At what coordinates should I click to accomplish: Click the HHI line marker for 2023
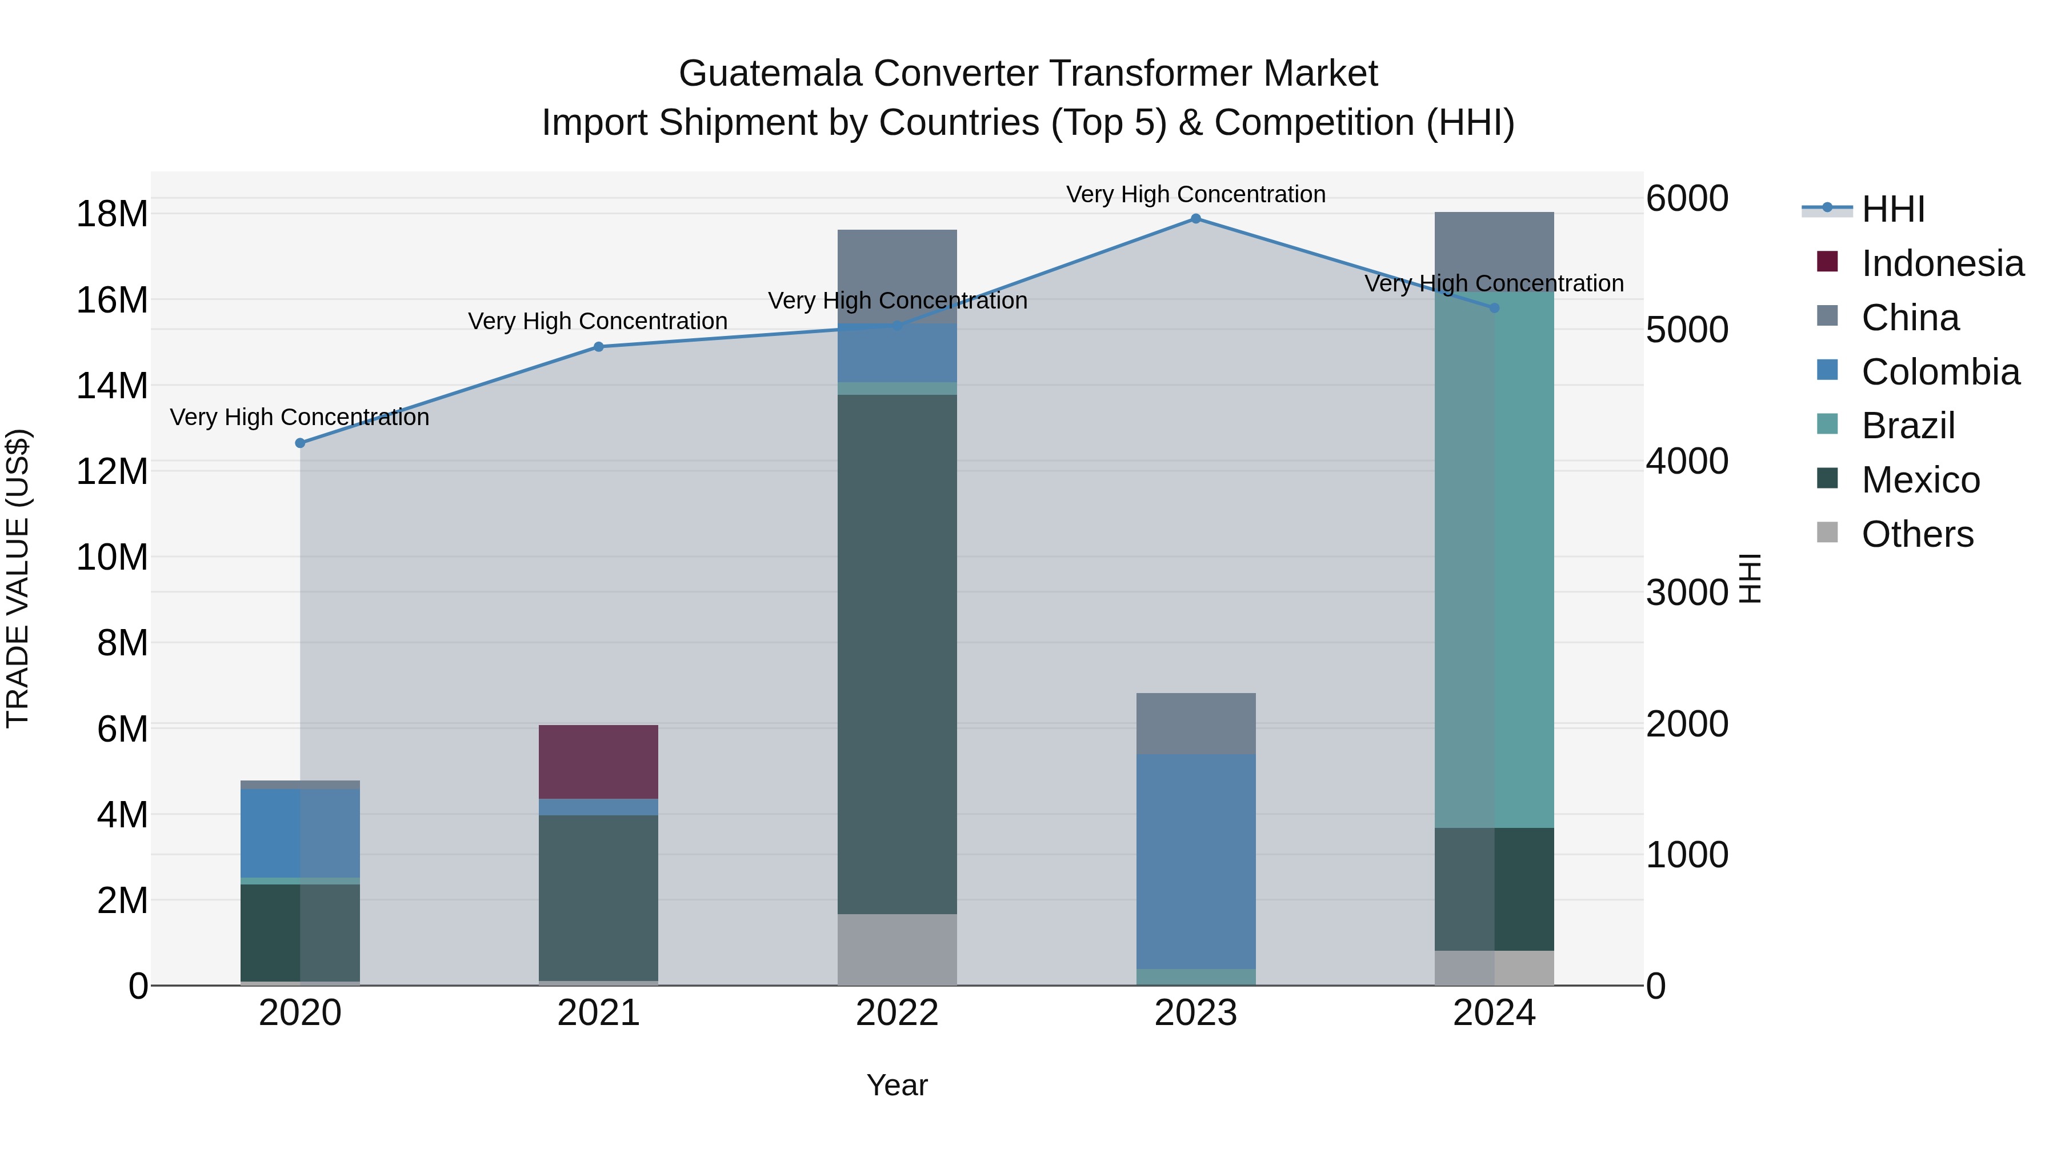[1195, 219]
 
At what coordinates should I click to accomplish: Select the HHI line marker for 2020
[300, 443]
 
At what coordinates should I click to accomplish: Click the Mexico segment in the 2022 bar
[897, 655]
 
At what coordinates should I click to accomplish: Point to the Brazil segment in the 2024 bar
[1494, 559]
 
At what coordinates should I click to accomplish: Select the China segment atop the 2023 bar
[1195, 723]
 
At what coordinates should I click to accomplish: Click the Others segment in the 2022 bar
[897, 950]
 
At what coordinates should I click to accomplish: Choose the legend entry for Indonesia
[1942, 263]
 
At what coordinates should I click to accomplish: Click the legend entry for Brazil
[1908, 426]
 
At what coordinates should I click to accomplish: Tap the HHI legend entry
[1892, 209]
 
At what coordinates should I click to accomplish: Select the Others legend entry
[1916, 534]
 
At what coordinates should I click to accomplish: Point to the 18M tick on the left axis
[112, 214]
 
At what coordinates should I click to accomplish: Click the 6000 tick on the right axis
[1687, 198]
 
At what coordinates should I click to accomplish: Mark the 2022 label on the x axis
[897, 1013]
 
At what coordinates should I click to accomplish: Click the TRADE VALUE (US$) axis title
[18, 578]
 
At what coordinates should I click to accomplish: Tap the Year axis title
[897, 1085]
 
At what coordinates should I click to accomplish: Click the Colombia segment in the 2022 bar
[897, 353]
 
